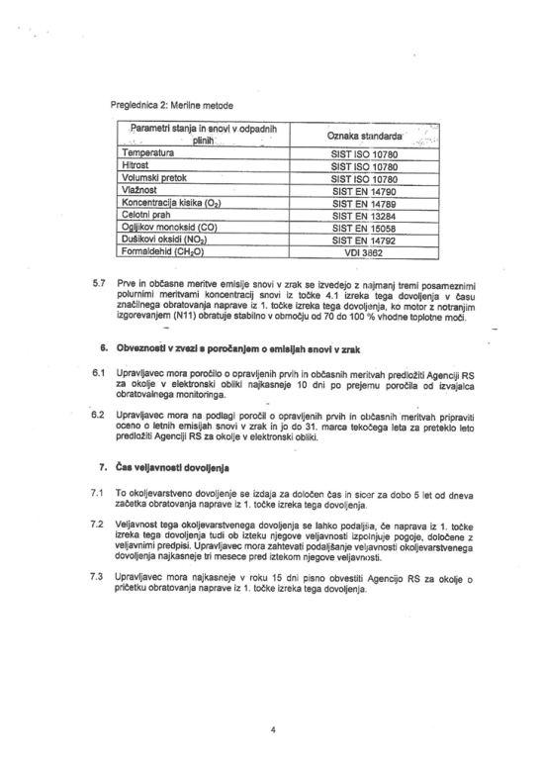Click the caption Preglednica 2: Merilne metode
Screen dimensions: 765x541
[x=175, y=103]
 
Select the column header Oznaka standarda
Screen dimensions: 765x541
[x=363, y=136]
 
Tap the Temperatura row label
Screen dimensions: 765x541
[x=146, y=155]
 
